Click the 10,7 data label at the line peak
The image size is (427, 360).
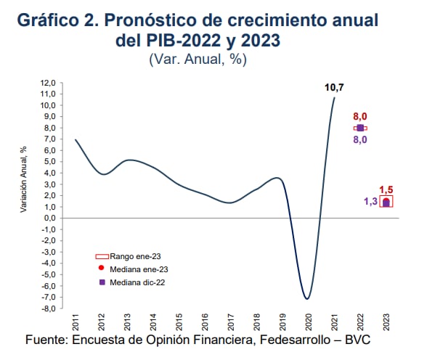coord(334,88)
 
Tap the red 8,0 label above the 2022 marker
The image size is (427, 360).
coord(360,116)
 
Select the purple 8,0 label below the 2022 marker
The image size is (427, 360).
coord(360,139)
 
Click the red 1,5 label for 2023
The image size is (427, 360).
coord(387,189)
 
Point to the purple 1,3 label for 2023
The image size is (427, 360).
coord(370,202)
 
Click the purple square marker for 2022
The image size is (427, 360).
coord(360,128)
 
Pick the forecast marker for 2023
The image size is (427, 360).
coord(387,202)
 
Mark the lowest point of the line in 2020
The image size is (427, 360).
coord(308,298)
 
